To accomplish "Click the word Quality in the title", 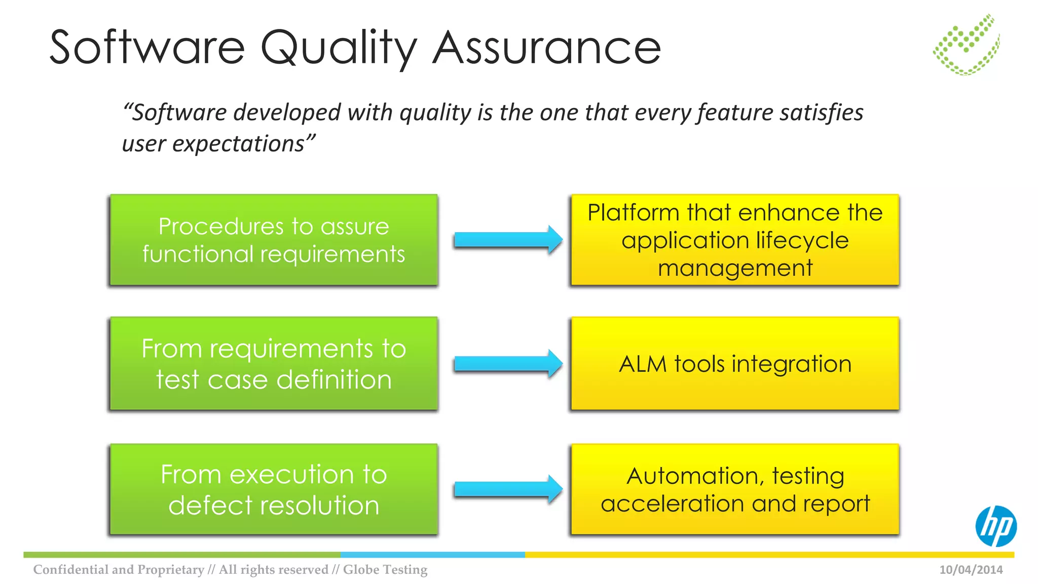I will click(x=339, y=48).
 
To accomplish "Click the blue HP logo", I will click(x=995, y=526).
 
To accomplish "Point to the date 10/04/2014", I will click(x=971, y=570).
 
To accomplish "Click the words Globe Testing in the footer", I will click(x=385, y=570).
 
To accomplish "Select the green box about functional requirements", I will click(x=274, y=240).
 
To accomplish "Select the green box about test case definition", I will click(x=274, y=363).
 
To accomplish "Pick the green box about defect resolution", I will click(x=274, y=489).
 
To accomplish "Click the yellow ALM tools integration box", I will click(x=735, y=363).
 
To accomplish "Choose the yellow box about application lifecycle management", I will click(x=735, y=240).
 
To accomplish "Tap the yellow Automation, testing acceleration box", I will click(x=735, y=489).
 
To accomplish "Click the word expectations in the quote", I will click(x=238, y=144).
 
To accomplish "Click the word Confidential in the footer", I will click(x=70, y=570).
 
